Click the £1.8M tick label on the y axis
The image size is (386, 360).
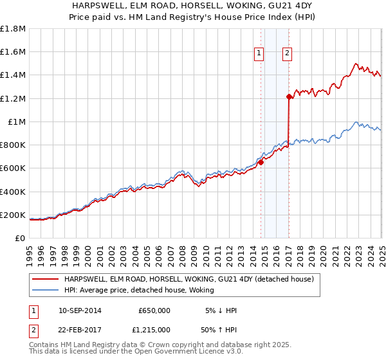[13, 29]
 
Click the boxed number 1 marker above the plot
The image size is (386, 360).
[259, 54]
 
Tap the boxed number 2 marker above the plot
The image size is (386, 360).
[287, 54]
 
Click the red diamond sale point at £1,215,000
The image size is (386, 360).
[289, 97]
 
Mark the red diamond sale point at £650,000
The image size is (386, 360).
[261, 163]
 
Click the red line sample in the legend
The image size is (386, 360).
[45, 279]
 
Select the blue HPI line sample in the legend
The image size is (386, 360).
[45, 290]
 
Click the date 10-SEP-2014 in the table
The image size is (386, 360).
[80, 310]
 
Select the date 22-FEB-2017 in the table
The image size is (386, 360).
[80, 329]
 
